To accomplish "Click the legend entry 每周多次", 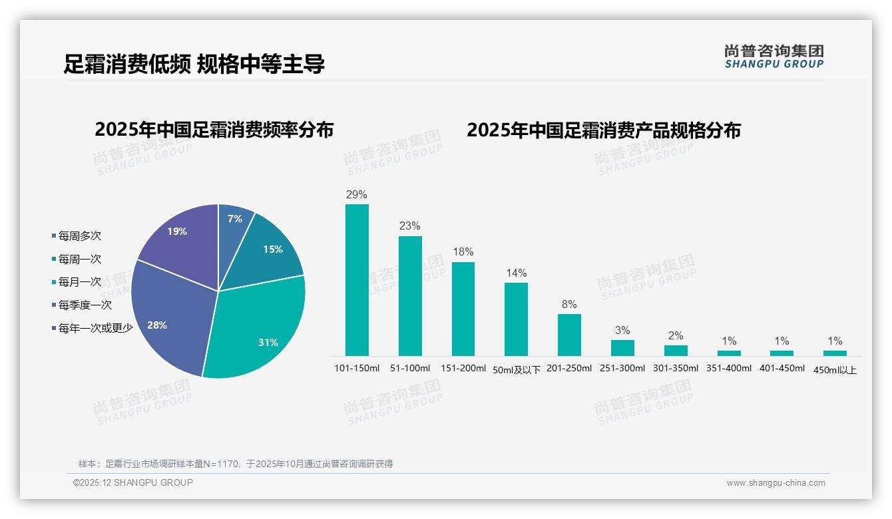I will point(79,236).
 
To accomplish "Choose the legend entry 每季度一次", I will point(85,305).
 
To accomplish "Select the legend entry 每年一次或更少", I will point(95,328).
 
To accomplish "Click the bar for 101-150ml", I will point(357,279).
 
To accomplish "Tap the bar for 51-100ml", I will point(410,296).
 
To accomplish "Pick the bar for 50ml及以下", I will point(516,319).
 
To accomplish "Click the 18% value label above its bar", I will point(463,252).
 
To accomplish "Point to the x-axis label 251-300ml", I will point(622,368).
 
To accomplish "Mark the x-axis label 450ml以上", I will point(835,370).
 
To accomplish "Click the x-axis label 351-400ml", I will point(729,368).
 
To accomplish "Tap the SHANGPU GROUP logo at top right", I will point(774,57).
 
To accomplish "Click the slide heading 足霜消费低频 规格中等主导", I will point(194,64).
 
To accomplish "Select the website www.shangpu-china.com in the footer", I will point(776,483).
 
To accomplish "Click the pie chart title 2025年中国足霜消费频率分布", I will point(214,130).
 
